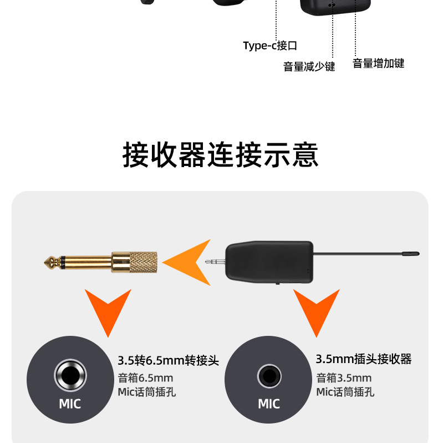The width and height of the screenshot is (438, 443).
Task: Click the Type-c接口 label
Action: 270,46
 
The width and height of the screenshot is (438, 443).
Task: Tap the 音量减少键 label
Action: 309,67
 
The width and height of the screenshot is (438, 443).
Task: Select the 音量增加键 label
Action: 379,63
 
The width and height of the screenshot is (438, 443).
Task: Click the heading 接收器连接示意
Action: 220,155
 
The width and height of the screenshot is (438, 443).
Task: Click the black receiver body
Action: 268,262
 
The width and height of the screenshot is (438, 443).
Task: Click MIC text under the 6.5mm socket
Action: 70,404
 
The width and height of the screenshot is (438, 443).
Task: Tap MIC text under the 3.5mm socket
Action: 268,404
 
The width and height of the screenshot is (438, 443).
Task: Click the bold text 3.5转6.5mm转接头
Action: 168,361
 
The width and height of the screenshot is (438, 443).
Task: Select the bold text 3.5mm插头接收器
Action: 363,359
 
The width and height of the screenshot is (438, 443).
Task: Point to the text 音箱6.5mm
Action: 145,378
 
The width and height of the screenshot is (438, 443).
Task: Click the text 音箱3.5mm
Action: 344,378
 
